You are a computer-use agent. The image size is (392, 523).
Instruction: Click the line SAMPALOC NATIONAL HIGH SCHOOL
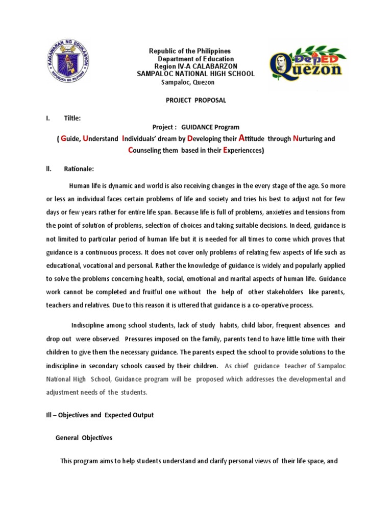tap(195, 74)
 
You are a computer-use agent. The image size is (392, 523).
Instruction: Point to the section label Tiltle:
tap(72, 118)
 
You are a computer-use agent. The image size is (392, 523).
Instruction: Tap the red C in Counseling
tap(130, 151)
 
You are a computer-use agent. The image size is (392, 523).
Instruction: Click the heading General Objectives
tap(84, 438)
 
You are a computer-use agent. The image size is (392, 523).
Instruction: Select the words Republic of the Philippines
tap(189, 52)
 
